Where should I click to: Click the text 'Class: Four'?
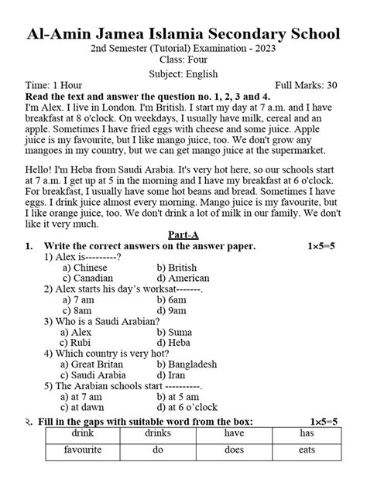tap(183, 60)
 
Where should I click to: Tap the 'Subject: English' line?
tap(183, 74)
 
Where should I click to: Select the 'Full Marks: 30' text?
tap(307, 87)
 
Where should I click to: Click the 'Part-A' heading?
tap(183, 234)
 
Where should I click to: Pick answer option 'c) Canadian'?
tap(87, 278)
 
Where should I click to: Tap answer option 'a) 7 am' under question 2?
tap(81, 299)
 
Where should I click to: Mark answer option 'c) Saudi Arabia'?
tap(95, 374)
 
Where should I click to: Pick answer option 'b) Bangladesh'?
tap(186, 364)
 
